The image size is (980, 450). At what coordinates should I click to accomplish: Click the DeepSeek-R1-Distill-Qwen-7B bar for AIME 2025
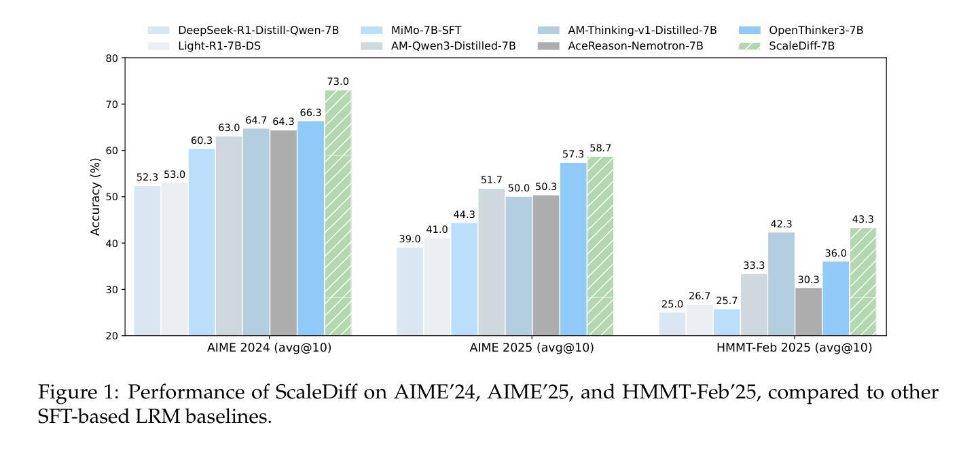point(410,291)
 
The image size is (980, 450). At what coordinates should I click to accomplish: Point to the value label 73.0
point(338,82)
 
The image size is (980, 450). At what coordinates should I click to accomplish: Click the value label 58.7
point(600,148)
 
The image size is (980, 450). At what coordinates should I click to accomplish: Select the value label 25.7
point(727,301)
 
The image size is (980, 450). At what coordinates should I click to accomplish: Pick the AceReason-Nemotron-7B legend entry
point(635,46)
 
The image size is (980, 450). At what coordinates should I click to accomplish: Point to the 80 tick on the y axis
point(112,58)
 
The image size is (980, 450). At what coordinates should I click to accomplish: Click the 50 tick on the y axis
point(112,197)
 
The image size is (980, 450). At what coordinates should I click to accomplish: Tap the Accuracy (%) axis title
point(96,197)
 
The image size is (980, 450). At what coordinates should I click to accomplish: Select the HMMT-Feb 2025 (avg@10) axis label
point(795,348)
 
